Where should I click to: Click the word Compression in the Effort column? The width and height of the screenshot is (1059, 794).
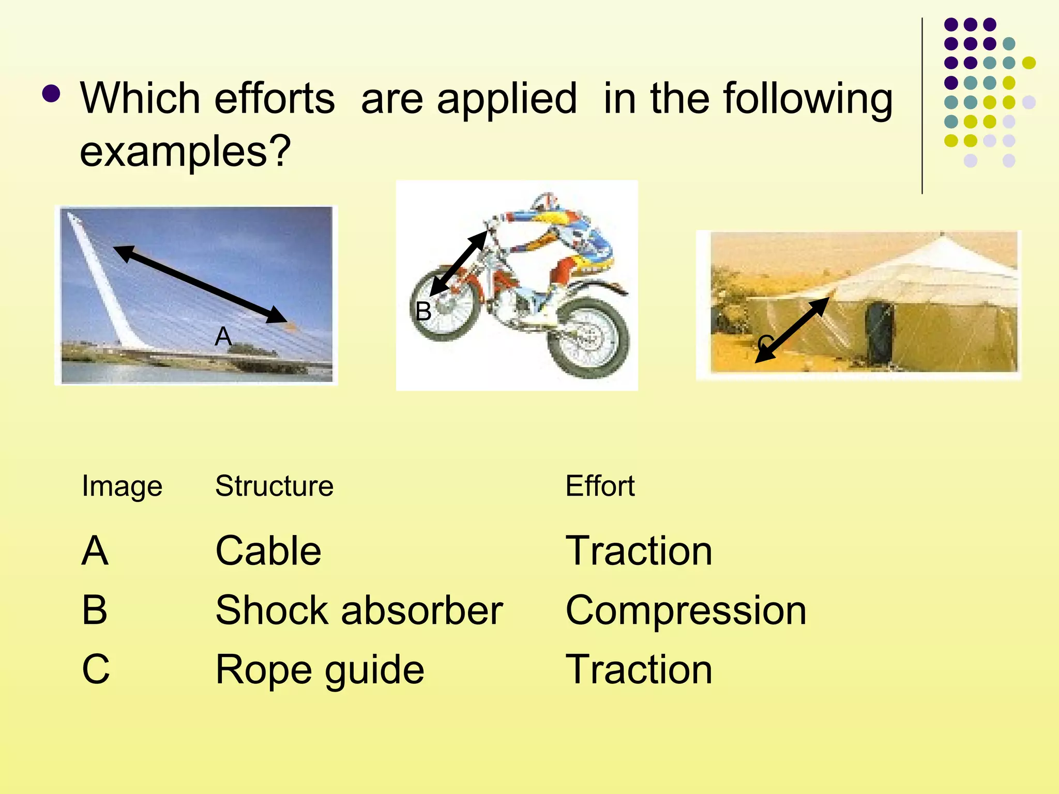point(686,610)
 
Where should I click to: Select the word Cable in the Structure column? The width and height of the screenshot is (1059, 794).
point(268,551)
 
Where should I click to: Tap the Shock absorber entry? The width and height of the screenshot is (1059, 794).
point(359,610)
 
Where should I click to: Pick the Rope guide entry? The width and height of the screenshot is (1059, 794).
point(320,670)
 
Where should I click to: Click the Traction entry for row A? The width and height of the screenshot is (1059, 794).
point(639,551)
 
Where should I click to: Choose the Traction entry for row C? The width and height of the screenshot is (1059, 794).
point(639,670)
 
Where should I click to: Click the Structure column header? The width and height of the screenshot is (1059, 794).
point(274,486)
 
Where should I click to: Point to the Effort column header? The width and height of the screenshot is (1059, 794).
point(600,486)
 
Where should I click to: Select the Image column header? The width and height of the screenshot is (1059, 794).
point(122,487)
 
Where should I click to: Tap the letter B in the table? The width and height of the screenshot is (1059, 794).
point(95,610)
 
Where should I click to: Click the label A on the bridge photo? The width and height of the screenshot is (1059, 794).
point(223,337)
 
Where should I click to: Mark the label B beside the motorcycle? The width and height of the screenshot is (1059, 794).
point(423,311)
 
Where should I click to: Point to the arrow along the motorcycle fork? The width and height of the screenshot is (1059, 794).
point(459,264)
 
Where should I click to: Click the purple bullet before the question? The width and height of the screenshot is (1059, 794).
point(51,94)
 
